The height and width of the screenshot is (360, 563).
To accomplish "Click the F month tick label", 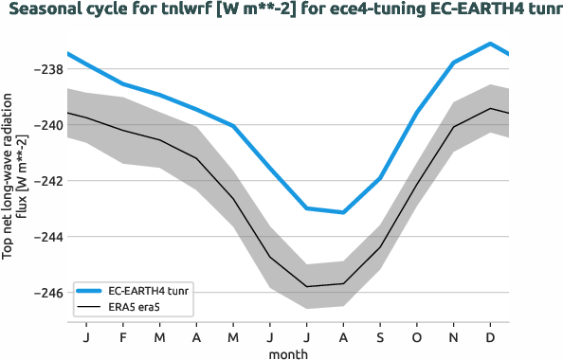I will point(123,336).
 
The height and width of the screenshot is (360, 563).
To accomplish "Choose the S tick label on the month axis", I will point(380,336).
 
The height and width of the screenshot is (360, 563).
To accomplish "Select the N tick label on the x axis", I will point(453,336).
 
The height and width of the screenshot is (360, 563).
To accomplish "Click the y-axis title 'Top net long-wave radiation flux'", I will point(12,175).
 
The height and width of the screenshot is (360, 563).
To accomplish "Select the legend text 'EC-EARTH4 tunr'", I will point(148,290).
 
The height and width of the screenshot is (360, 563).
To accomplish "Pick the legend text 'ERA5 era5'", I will point(134,308).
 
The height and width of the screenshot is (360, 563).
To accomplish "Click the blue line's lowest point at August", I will point(343,212).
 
